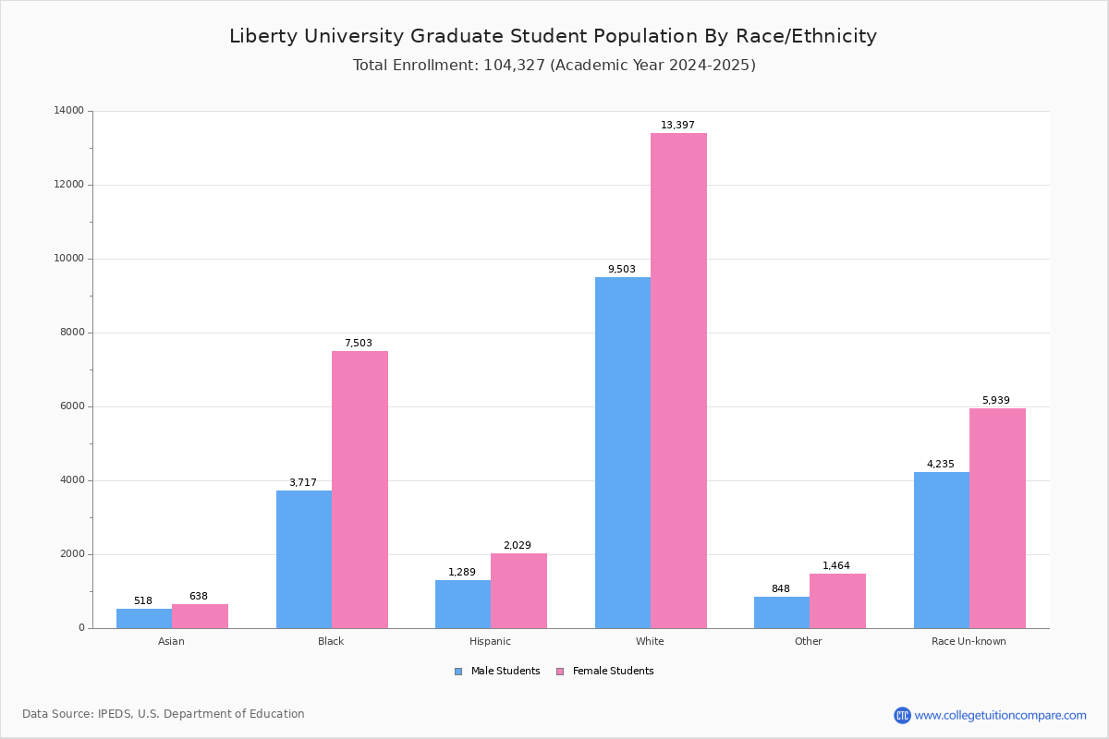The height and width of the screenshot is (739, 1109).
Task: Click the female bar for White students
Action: coord(678,381)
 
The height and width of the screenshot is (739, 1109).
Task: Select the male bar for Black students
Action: coord(304,559)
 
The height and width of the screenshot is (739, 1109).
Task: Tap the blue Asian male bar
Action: coord(144,619)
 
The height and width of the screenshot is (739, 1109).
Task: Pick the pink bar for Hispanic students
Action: coord(518,591)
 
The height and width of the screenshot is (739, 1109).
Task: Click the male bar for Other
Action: coord(782,612)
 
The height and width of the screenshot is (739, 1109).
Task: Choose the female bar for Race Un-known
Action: coord(997,518)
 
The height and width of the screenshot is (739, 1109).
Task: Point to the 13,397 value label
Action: coord(677,125)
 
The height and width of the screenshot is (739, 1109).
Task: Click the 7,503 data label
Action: coord(359,343)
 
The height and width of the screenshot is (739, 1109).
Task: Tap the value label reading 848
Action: coord(781,588)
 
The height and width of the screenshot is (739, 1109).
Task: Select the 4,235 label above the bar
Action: coord(940,464)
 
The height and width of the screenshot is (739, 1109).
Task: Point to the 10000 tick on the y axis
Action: coord(68,259)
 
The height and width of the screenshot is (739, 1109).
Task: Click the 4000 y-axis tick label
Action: coord(72,480)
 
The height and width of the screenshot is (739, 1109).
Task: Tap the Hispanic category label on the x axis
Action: coord(490,641)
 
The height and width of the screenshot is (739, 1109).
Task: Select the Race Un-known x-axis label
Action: coord(969,641)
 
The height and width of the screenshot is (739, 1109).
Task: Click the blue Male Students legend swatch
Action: coord(458,672)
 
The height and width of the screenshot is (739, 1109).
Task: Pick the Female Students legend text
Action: coord(613,671)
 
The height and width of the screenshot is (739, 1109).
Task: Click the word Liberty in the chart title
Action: coord(262,36)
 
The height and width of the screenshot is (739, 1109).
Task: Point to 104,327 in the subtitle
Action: coord(514,65)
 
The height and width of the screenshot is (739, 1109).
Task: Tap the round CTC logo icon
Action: coord(902,715)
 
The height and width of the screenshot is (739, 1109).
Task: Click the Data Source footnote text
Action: coord(164,714)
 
